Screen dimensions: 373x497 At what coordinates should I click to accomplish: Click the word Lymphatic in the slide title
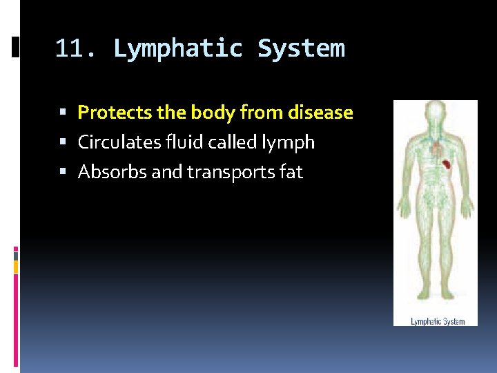178,49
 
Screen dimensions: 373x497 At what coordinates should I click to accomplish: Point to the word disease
321,112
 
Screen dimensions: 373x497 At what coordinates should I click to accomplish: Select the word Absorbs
113,172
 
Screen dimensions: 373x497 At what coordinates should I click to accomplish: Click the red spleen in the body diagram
447,165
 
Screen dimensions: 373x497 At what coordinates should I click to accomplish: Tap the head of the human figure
435,113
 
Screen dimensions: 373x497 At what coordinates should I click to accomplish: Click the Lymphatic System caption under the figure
438,321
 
